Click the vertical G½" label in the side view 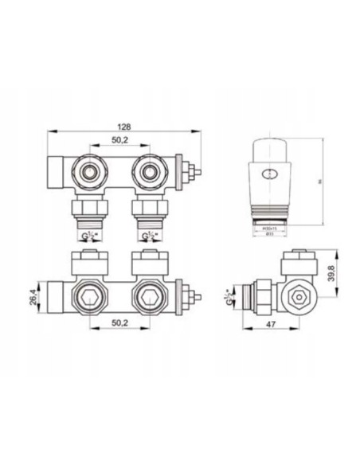point(229,302)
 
